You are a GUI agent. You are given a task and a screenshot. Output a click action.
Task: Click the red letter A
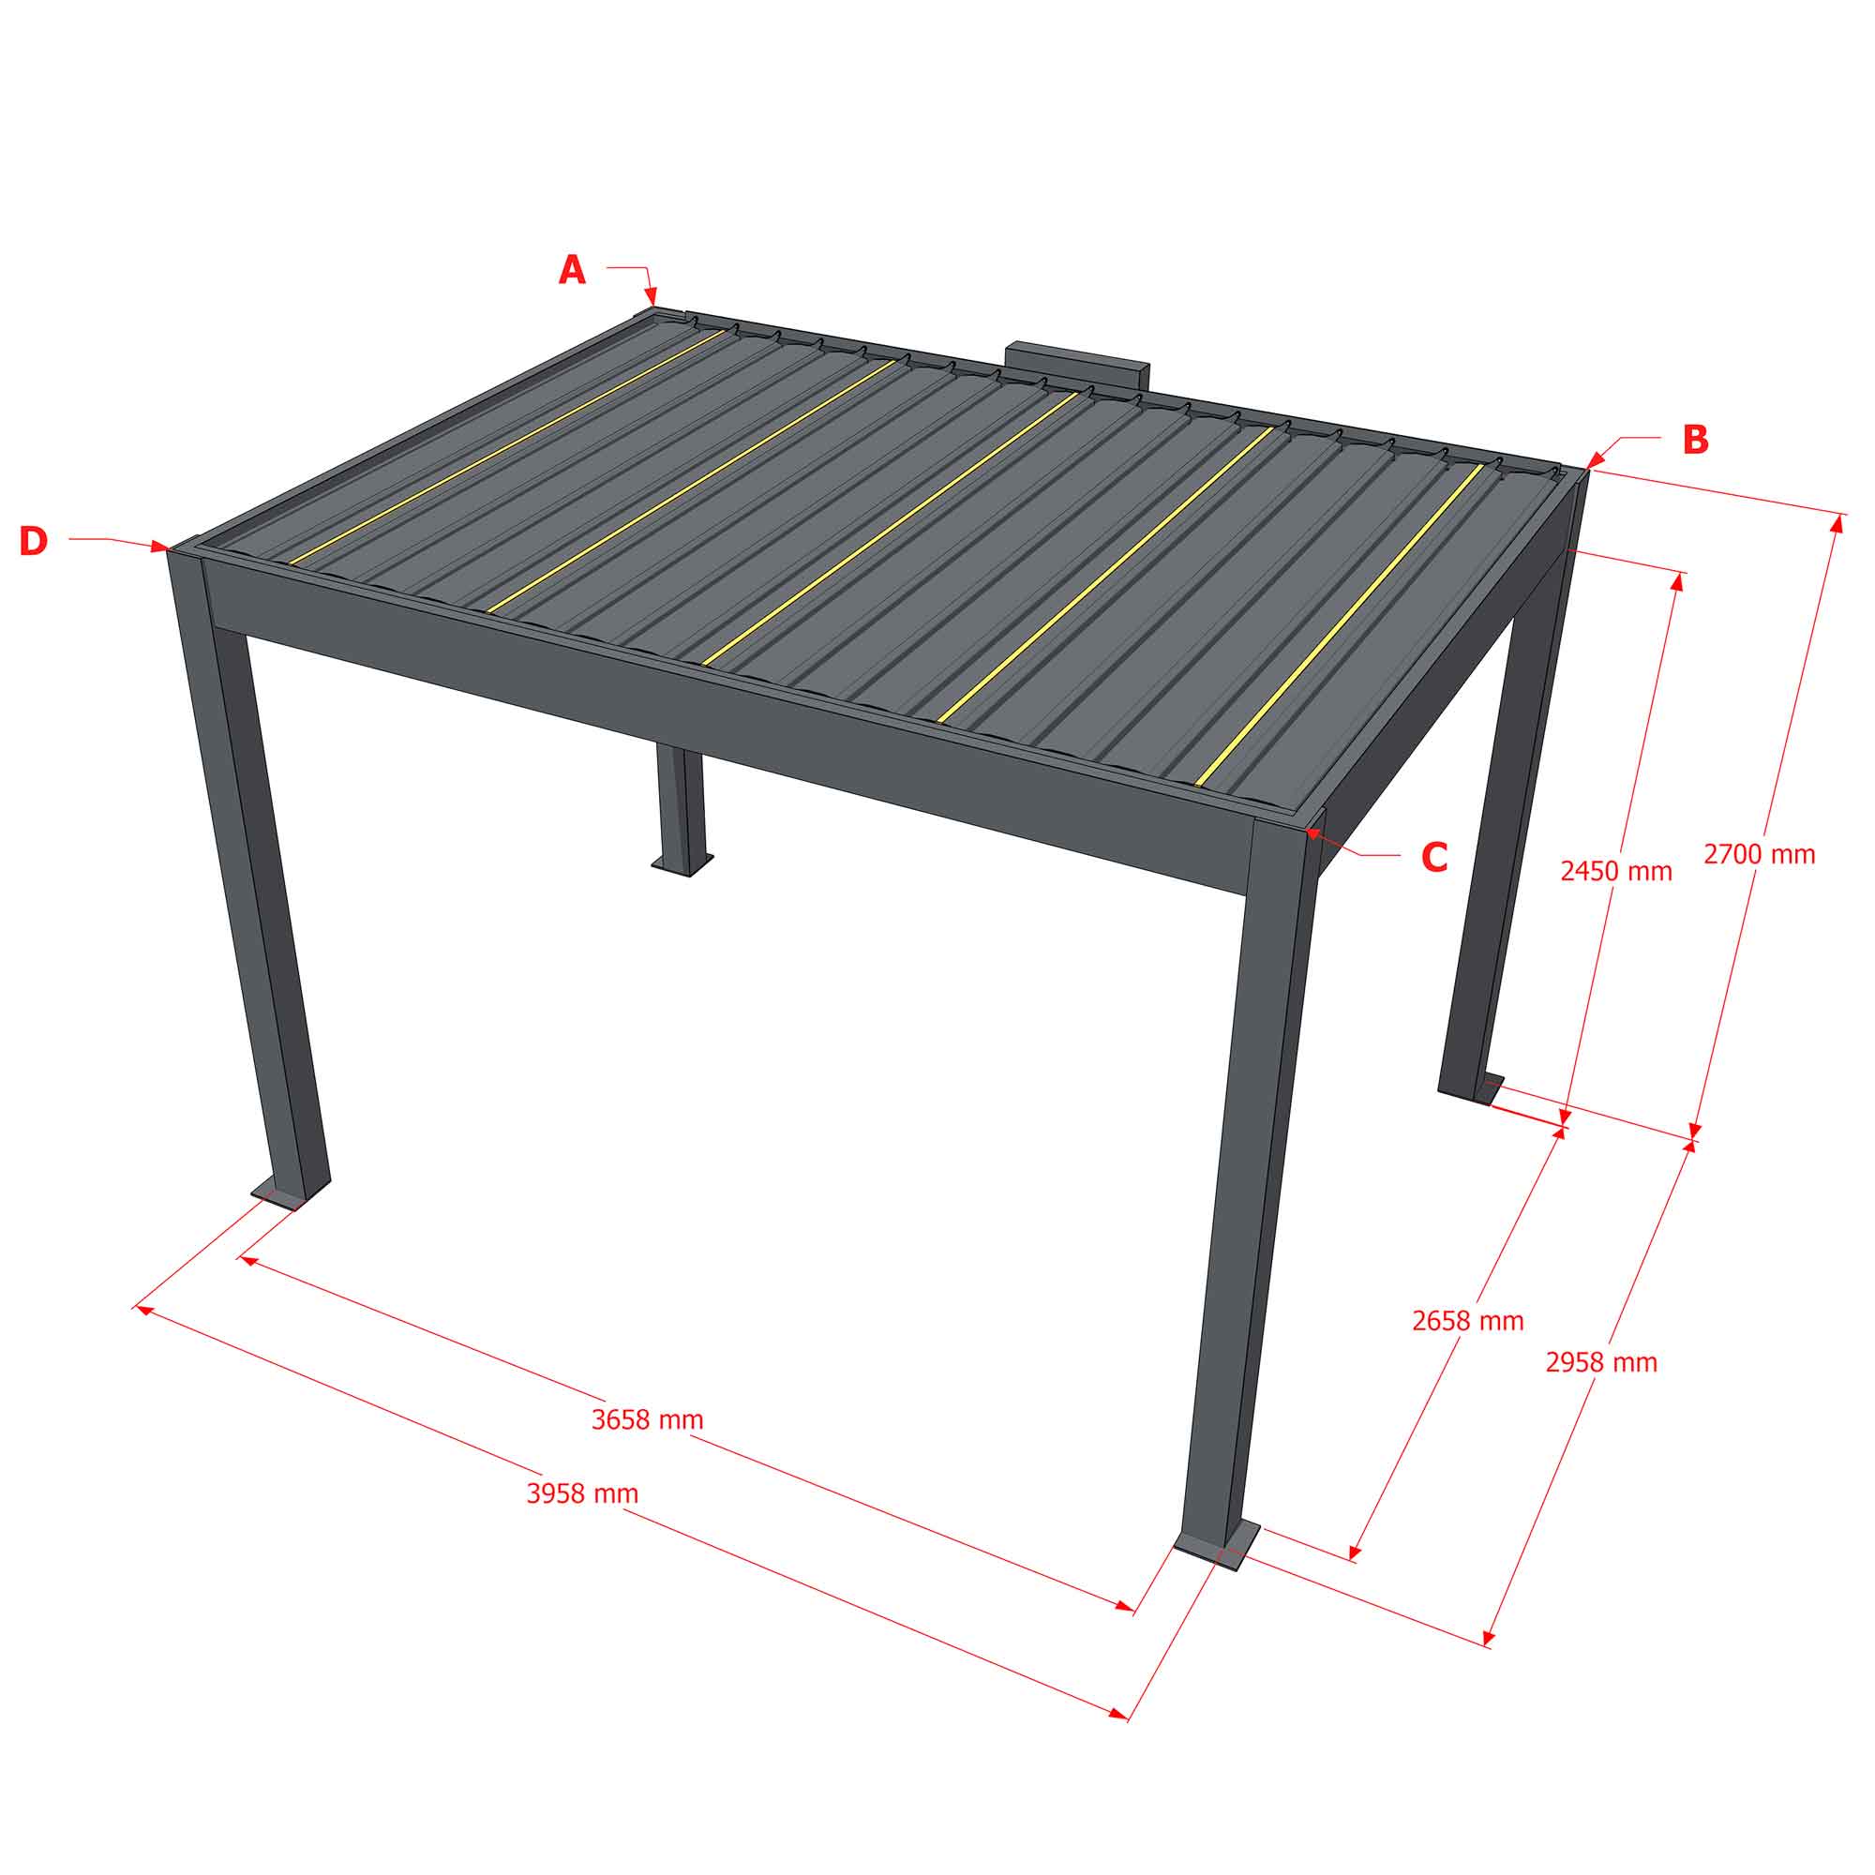click(572, 269)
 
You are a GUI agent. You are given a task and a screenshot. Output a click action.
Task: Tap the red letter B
click(1694, 440)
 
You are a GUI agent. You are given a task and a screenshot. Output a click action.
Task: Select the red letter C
click(1434, 857)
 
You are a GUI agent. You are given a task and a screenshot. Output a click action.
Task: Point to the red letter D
click(33, 542)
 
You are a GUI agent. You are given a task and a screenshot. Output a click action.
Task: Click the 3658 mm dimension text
click(647, 1419)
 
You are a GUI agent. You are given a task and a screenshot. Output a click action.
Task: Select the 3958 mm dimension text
click(582, 1493)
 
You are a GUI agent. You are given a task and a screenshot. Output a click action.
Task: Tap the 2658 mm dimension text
click(1467, 1321)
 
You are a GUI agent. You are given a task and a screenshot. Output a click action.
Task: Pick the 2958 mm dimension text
click(1601, 1362)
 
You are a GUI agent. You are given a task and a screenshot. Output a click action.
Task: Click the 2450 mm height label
click(1616, 872)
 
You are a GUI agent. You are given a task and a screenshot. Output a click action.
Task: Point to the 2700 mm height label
click(1760, 854)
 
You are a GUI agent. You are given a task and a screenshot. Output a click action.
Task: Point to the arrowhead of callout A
click(652, 297)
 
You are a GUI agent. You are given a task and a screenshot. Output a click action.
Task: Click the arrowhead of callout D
click(160, 547)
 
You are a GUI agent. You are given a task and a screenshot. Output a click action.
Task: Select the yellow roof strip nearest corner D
click(506, 446)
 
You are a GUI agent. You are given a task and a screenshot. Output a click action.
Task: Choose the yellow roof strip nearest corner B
click(1340, 625)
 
